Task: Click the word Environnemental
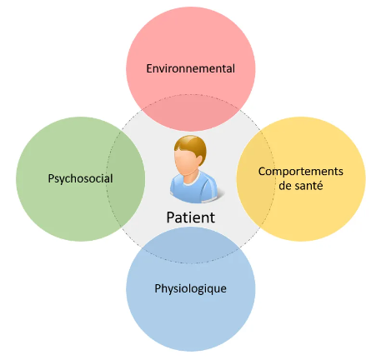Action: click(x=191, y=68)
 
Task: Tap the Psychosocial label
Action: click(x=80, y=178)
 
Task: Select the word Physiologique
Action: click(x=190, y=288)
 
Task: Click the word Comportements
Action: click(x=301, y=172)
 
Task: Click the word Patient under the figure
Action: click(x=191, y=217)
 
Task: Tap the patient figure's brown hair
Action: click(x=192, y=146)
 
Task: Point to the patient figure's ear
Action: click(x=199, y=161)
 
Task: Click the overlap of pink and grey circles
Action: click(x=191, y=112)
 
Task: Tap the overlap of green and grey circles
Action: click(x=126, y=178)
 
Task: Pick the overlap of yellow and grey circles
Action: click(x=255, y=178)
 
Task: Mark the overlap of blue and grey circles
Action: click(x=191, y=245)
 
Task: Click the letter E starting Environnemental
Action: click(x=149, y=68)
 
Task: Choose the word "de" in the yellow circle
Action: click(x=284, y=185)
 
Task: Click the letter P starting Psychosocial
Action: click(x=51, y=178)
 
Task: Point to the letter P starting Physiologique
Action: click(x=158, y=288)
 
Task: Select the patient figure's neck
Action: click(x=189, y=174)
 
